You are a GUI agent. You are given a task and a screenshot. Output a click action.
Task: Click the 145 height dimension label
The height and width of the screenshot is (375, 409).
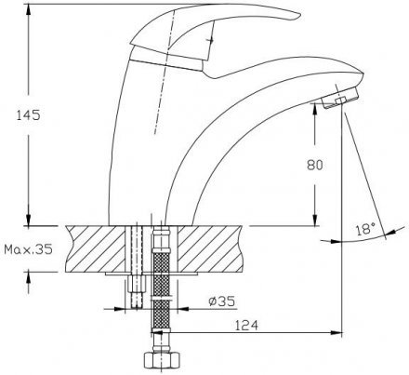[28, 115]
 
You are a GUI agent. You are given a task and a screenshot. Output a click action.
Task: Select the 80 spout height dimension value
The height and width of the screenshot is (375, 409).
[315, 165]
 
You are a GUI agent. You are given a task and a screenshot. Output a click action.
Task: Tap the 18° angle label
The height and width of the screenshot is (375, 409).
[365, 229]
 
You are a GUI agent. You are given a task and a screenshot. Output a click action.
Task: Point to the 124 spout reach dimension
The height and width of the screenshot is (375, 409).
[246, 326]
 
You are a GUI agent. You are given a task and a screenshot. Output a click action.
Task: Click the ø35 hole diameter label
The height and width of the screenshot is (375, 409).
[222, 301]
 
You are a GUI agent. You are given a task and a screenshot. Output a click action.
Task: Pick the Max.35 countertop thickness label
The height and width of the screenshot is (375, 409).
[28, 248]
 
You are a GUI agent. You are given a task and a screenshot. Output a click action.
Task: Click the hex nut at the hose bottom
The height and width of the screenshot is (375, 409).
[161, 360]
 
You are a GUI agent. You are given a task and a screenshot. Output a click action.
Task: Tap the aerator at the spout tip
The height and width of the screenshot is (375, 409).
[340, 98]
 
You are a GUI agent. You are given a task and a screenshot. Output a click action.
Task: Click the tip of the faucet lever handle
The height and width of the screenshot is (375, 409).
[300, 15]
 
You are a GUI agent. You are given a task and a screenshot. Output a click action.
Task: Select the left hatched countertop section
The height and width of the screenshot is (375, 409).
[96, 248]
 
